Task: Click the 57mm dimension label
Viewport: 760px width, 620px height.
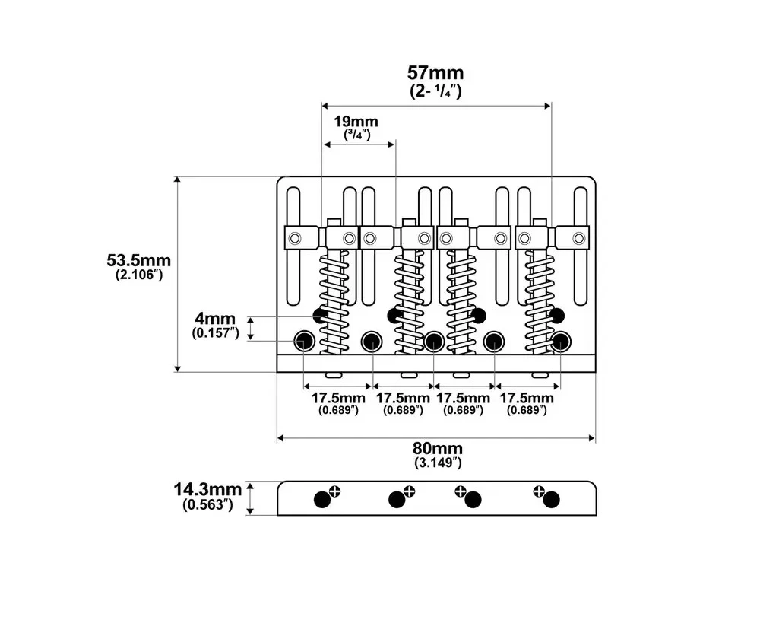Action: click(x=435, y=73)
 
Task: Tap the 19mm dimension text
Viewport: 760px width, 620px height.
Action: click(x=356, y=121)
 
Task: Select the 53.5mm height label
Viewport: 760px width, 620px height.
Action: click(x=138, y=260)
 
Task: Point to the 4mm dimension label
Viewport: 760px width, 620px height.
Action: click(x=215, y=319)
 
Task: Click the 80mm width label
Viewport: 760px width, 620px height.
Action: click(x=438, y=448)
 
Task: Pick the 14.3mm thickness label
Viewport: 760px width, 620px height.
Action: click(x=207, y=489)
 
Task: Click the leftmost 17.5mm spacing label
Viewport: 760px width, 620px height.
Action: click(x=338, y=399)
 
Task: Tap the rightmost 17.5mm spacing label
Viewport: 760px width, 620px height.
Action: click(x=527, y=399)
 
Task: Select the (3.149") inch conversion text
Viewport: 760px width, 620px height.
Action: click(x=438, y=463)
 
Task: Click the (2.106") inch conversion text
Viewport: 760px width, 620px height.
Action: click(x=138, y=275)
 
